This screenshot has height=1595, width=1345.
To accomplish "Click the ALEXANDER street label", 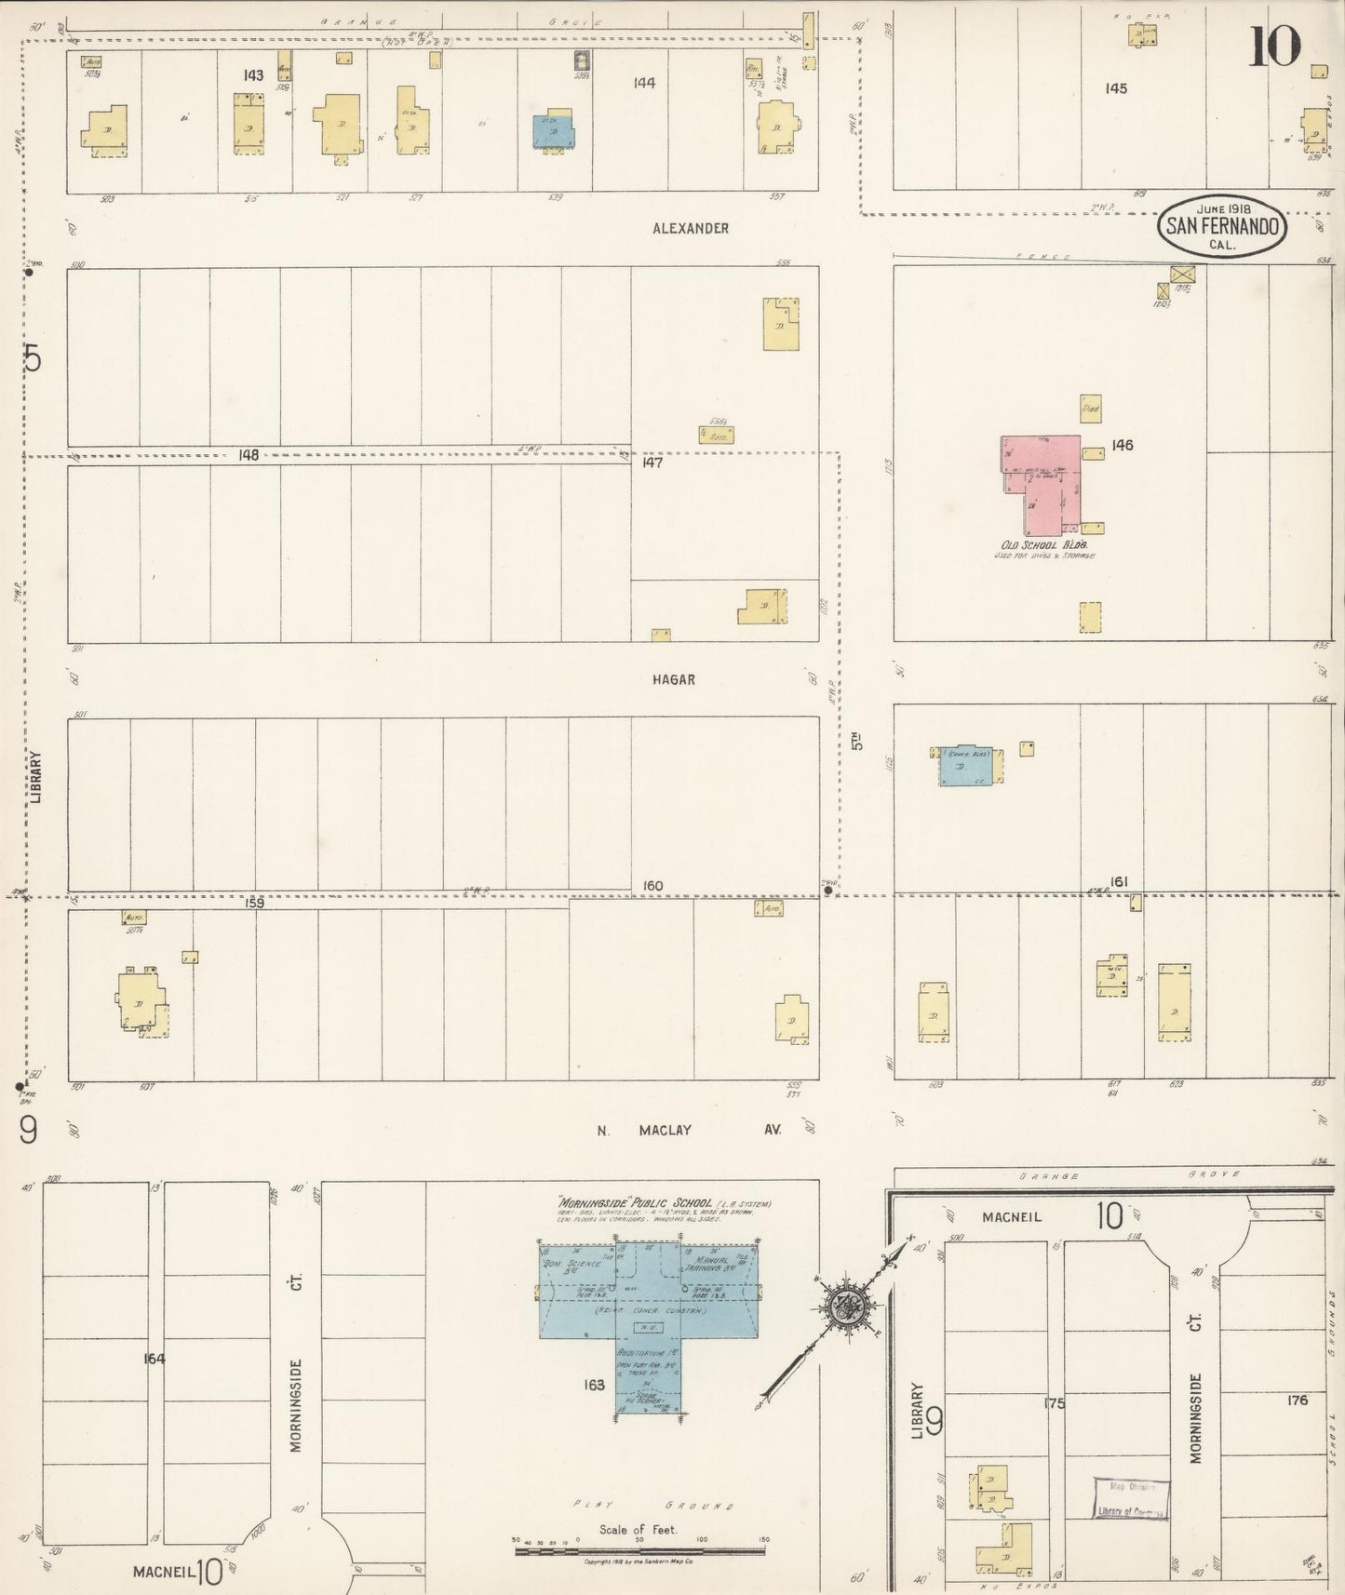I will pos(690,228).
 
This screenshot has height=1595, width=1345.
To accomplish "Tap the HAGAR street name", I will pos(673,680).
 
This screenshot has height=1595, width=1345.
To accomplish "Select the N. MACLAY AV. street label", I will pos(689,1130).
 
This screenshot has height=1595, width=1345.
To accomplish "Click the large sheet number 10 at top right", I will pos(1272,47).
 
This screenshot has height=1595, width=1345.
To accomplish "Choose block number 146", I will pos(1123,445).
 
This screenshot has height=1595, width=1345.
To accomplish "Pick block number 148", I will pos(248,455).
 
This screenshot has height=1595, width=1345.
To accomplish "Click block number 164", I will pos(155,1359).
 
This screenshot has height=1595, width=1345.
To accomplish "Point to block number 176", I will pos(1298,1400).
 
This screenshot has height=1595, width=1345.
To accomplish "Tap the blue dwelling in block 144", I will pos(553,131).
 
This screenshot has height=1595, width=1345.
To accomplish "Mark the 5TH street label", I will pos(857,741).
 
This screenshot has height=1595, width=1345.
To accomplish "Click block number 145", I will pos(1116,88).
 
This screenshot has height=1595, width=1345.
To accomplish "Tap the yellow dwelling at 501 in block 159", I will pos(141,1000).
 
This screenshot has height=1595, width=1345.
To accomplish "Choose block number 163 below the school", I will pos(595,1385).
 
